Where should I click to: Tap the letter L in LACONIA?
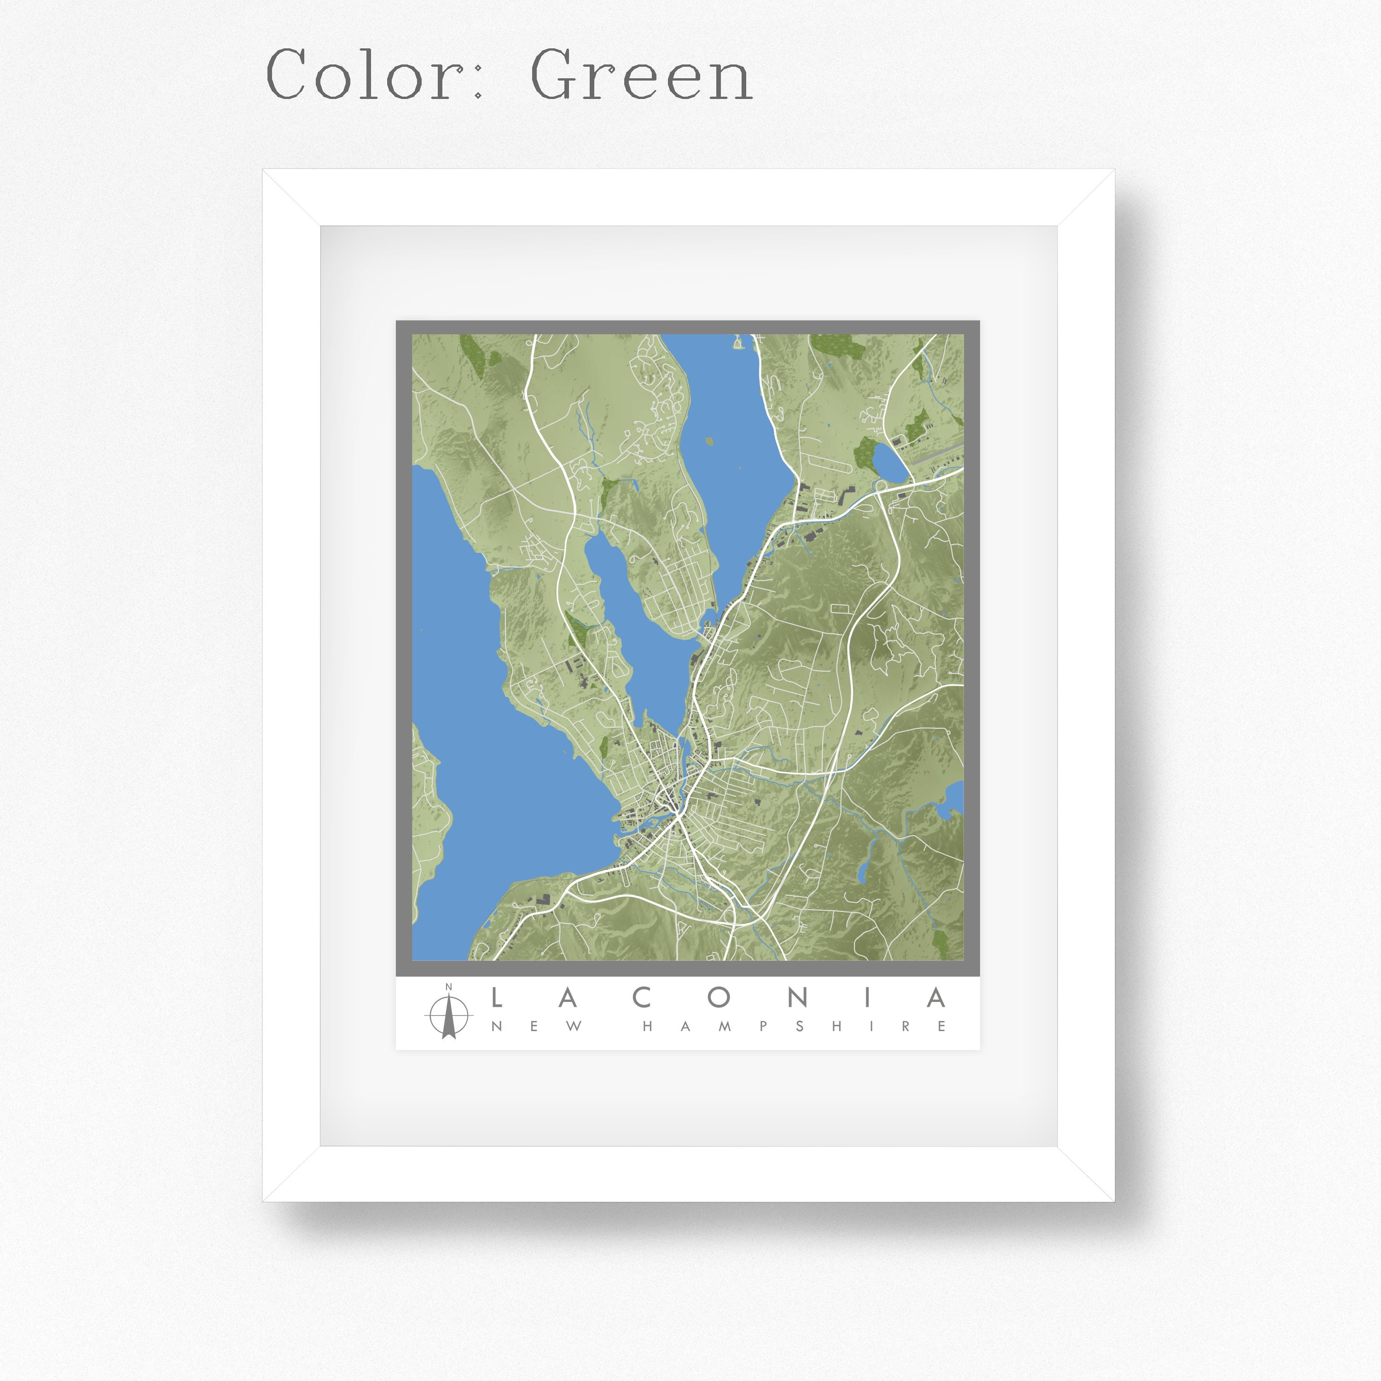pos(497,998)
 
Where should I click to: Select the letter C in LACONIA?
pos(643,998)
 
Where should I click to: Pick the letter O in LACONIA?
pos(719,998)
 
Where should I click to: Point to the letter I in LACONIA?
pos(868,998)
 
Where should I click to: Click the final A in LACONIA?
pos(936,998)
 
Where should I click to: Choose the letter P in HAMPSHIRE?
pos(763,1027)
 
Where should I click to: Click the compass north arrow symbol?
pos(448,1016)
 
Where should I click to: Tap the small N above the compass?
pos(448,987)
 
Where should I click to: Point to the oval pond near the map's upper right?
pos(889,463)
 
